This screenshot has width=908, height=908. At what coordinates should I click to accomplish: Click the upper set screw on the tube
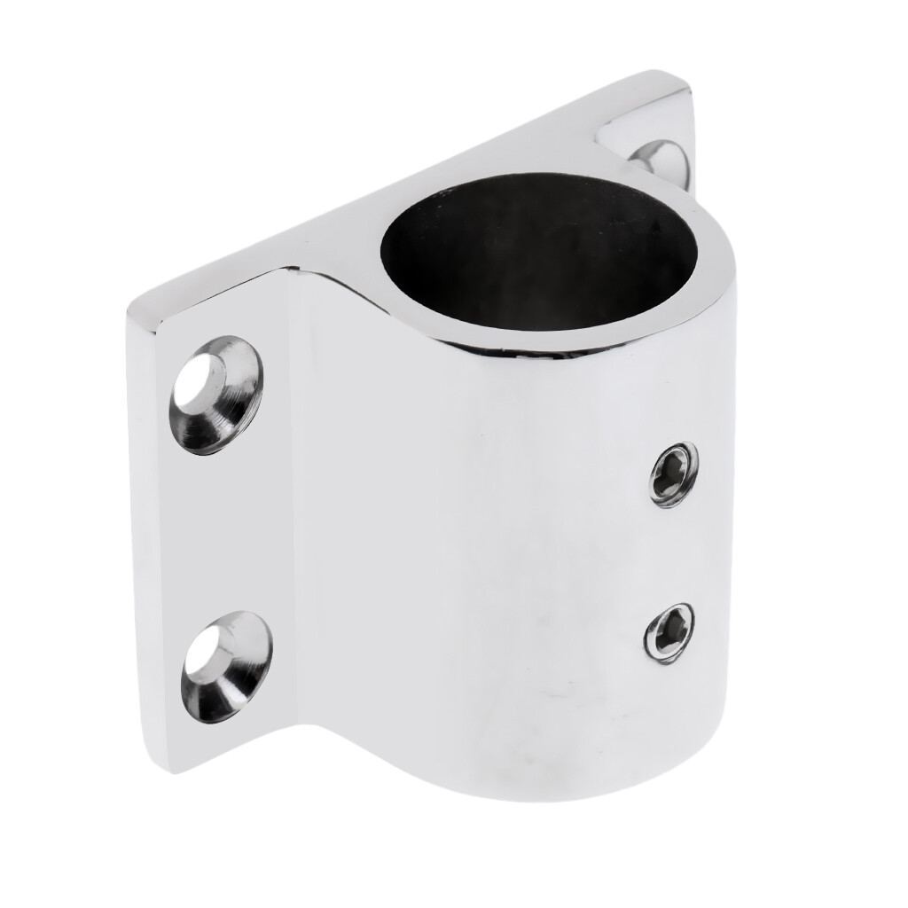673,474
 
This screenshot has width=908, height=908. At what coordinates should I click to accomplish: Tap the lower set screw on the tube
669,632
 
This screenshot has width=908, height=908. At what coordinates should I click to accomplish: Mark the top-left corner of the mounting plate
133,310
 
